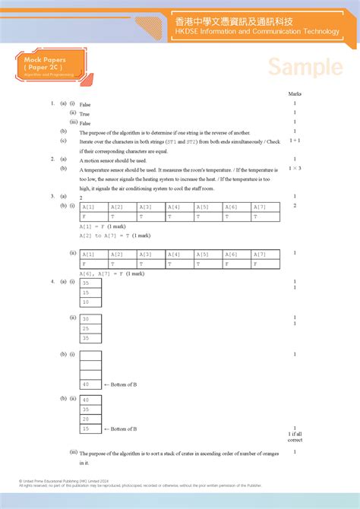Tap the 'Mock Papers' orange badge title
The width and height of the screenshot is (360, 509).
(x=43, y=58)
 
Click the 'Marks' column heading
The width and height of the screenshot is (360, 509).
(x=295, y=93)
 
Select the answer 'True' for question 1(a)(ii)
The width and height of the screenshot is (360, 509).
(x=84, y=113)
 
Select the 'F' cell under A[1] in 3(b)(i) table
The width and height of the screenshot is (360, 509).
(x=93, y=217)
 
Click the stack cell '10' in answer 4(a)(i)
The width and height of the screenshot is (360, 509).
(x=90, y=301)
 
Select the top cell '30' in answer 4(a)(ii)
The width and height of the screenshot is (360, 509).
(x=90, y=319)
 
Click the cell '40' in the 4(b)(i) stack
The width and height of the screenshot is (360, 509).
(x=90, y=384)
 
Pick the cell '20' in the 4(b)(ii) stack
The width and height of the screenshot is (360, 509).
(x=90, y=419)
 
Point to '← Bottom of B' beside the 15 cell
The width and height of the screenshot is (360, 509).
(x=120, y=428)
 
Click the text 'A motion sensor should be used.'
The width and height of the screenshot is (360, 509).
(x=112, y=160)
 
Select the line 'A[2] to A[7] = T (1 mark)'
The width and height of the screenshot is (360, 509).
(x=109, y=236)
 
